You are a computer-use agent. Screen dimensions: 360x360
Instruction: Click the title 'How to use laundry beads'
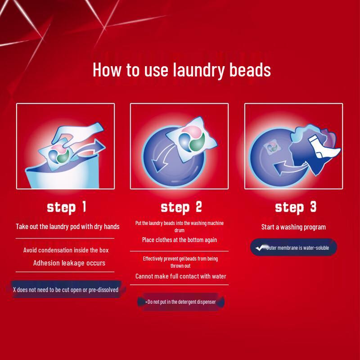(181, 70)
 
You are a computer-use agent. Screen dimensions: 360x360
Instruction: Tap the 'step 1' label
(66, 207)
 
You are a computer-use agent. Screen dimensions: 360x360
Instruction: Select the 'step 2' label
(181, 207)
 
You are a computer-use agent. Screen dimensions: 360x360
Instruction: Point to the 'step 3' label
(295, 207)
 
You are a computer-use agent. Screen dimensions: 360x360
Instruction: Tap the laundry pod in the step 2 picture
(186, 137)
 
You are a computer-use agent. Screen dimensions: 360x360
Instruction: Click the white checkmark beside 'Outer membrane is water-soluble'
(259, 247)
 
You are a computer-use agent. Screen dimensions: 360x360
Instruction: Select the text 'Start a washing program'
(293, 227)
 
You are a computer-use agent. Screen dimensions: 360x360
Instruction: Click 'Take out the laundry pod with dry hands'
(67, 226)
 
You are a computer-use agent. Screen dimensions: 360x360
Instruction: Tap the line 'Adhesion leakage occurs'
(69, 263)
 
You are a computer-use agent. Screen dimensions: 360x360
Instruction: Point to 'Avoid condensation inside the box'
(66, 250)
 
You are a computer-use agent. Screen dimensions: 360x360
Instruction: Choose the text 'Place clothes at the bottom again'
(180, 240)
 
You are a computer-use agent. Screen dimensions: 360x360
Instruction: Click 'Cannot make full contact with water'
(181, 276)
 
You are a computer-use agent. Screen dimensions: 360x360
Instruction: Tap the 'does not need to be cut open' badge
(66, 290)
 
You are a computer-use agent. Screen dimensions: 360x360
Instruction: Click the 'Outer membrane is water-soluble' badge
(294, 247)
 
